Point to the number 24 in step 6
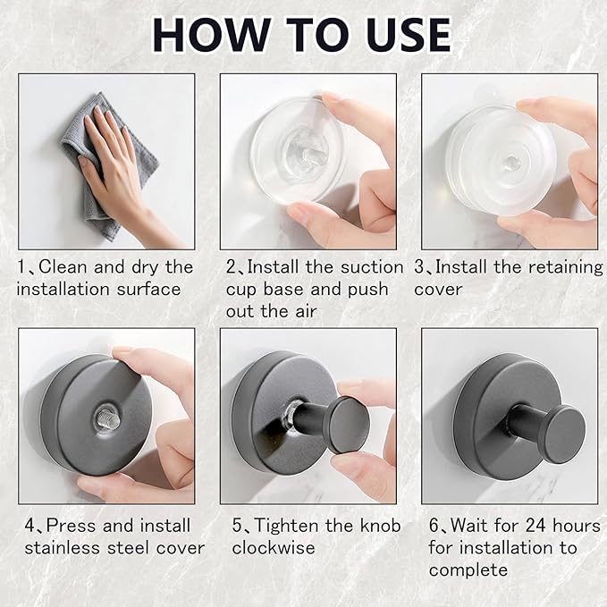pyautogui.click(x=535, y=526)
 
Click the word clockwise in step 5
pyautogui.click(x=274, y=548)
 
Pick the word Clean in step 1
pyautogui.click(x=63, y=266)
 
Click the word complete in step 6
pyautogui.click(x=468, y=570)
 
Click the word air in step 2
pyautogui.click(x=307, y=311)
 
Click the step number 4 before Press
pyautogui.click(x=30, y=526)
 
